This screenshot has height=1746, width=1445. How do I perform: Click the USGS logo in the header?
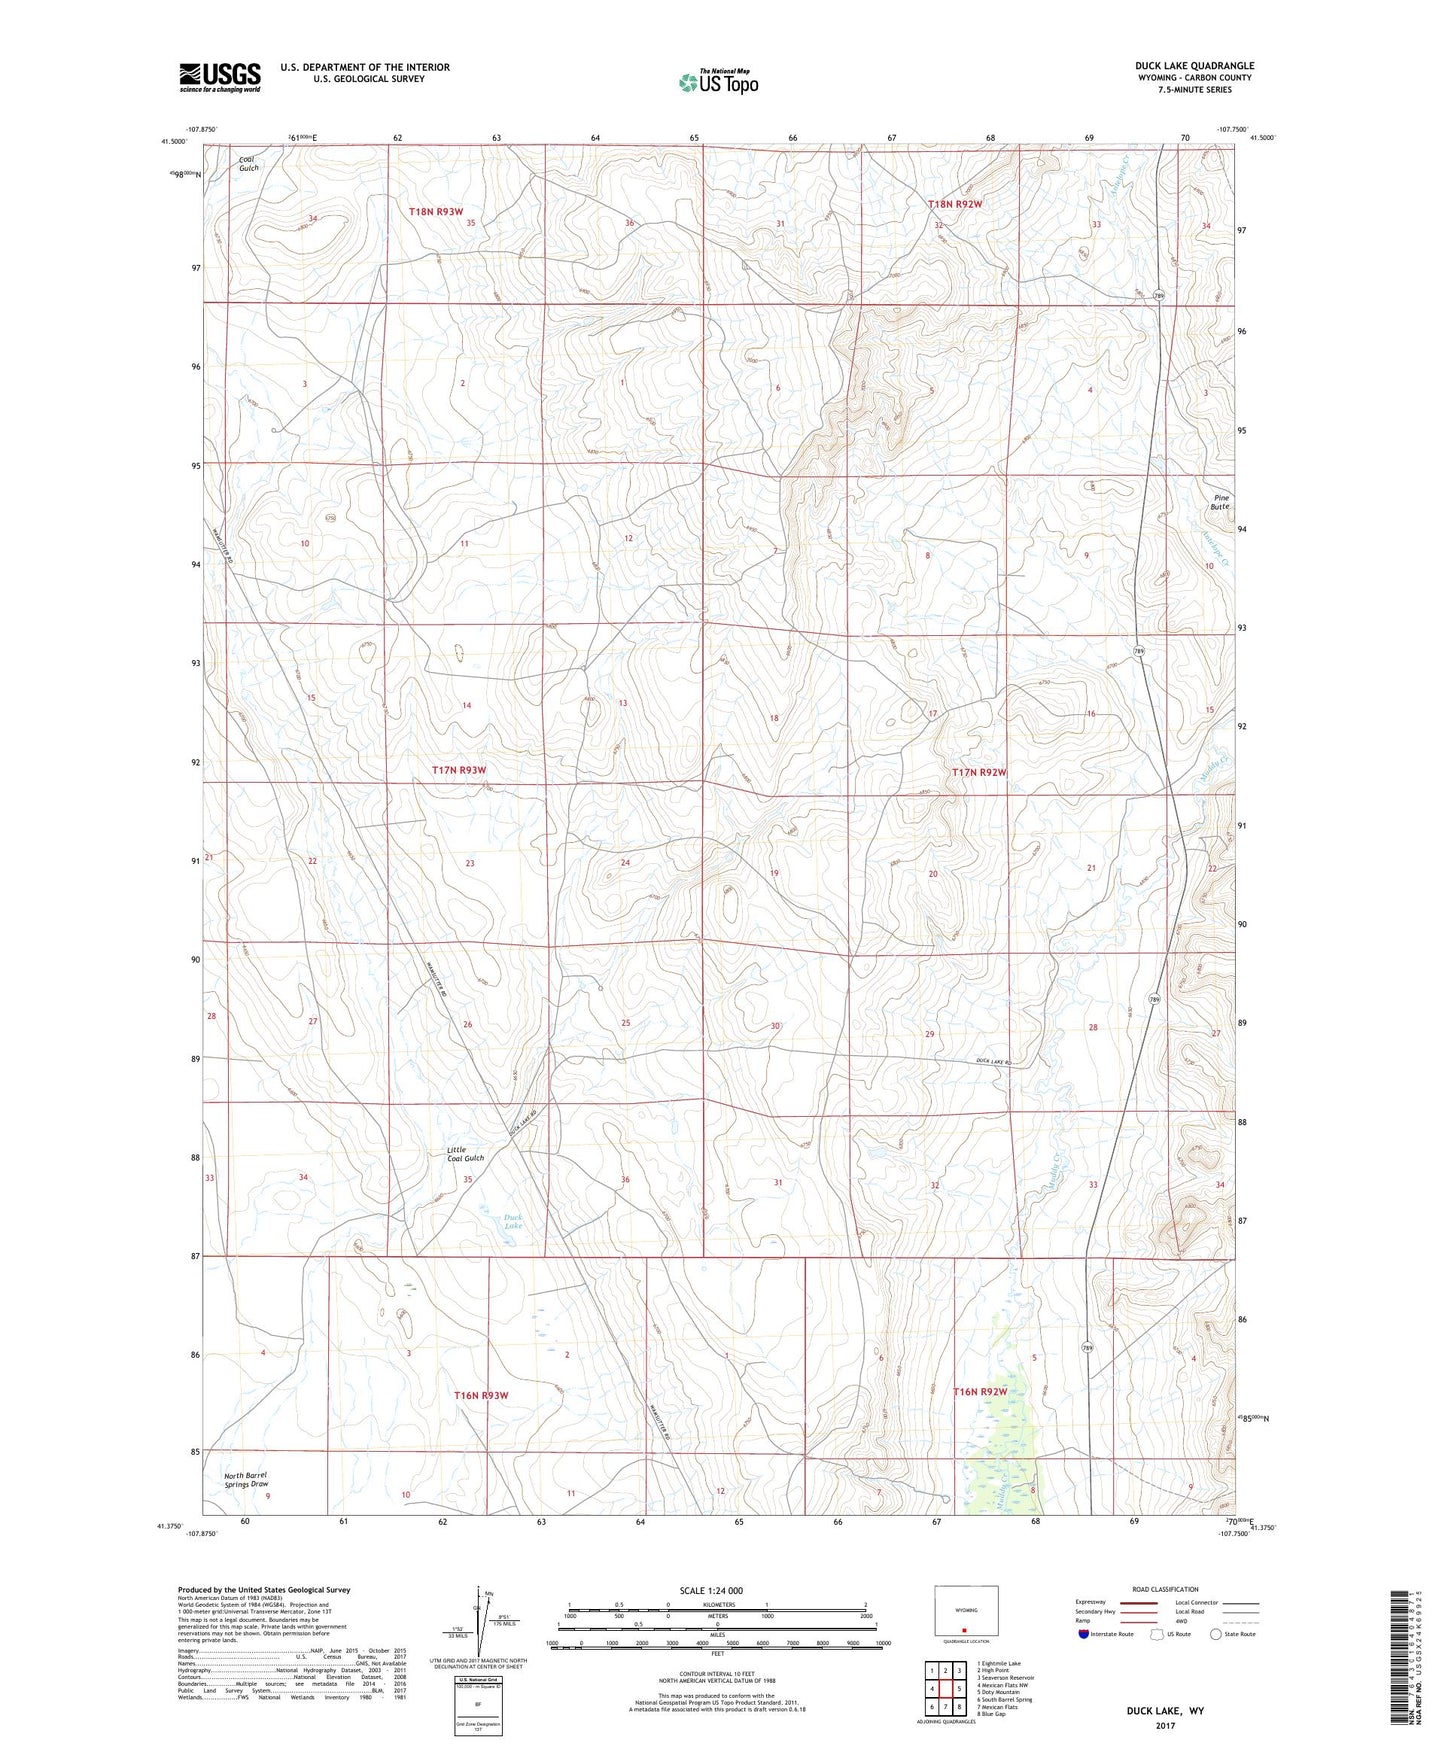click(220, 76)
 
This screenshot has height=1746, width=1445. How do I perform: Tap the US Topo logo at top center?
click(717, 82)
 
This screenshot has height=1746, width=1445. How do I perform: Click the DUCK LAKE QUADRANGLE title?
click(1188, 66)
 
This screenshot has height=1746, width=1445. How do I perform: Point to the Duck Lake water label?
click(512, 1221)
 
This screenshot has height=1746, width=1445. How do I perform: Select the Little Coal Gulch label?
click(465, 1154)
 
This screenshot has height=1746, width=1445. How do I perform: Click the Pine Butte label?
click(1221, 502)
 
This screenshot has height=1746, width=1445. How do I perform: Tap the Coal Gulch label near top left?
click(248, 163)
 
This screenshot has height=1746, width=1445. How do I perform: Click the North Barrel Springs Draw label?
click(246, 1479)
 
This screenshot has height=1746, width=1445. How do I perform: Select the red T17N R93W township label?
click(459, 770)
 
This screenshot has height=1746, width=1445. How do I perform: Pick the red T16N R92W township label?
click(979, 1392)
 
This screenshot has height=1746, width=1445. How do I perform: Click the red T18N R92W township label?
click(955, 204)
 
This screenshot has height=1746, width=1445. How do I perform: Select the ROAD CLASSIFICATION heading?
click(1166, 1589)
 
